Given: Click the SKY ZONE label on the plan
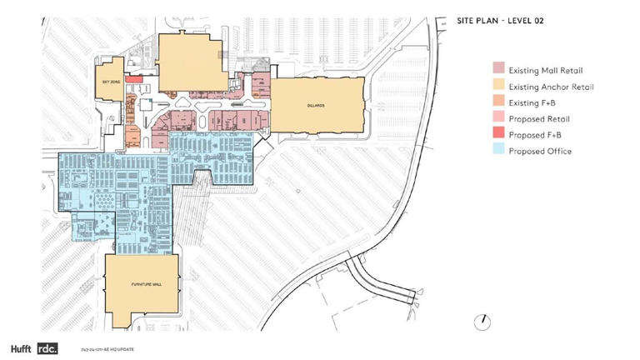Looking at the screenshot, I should [x=111, y=82].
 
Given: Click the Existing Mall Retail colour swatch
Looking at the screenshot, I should [x=497, y=68].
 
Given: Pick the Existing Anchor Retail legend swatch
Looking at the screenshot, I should [x=497, y=85].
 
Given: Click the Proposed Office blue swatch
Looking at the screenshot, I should [x=497, y=151].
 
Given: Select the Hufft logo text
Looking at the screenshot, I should [x=21, y=347].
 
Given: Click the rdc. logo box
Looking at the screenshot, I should [x=47, y=347].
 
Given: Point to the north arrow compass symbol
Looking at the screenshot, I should [x=482, y=321].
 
